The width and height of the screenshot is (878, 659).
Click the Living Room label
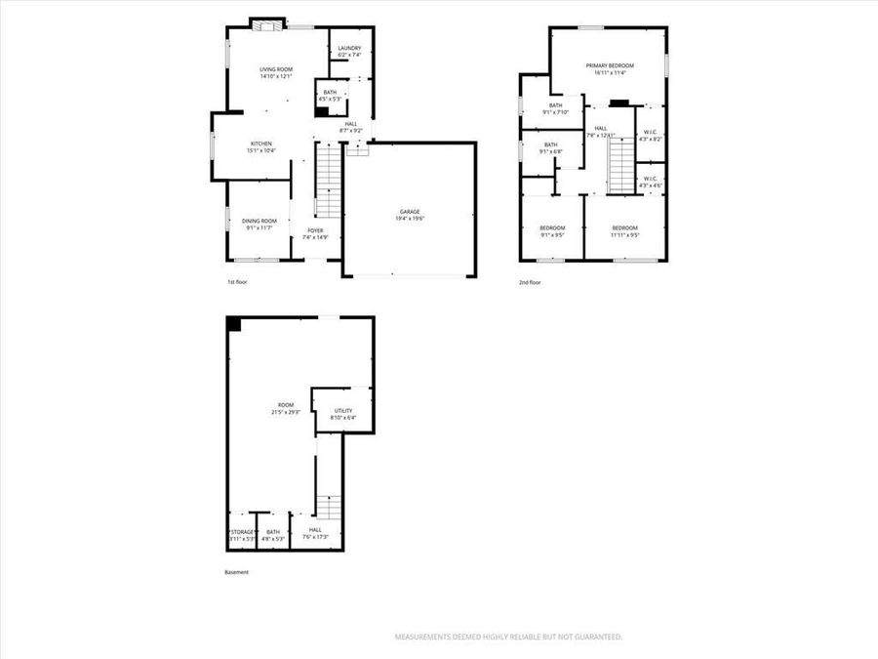(276, 69)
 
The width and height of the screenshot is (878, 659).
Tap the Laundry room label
(349, 49)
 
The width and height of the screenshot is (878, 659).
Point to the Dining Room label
(259, 221)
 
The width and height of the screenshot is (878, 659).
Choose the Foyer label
(315, 231)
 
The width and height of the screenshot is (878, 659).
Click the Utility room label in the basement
(343, 411)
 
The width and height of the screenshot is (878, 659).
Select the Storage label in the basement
(241, 532)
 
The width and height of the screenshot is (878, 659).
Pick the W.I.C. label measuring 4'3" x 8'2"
(650, 133)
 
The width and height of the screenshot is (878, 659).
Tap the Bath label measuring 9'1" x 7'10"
(555, 105)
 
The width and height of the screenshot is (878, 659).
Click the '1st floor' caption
(238, 282)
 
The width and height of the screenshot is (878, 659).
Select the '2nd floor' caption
(530, 282)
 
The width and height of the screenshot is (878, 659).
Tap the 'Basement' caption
(237, 572)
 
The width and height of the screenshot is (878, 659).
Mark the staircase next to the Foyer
(331, 182)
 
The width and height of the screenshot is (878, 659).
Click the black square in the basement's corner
(234, 325)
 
